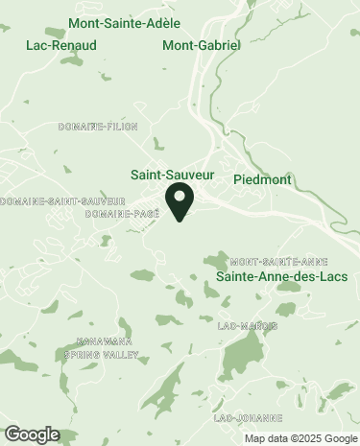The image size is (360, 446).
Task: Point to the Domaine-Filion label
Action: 98,126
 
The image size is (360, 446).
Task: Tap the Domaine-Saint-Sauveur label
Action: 64,200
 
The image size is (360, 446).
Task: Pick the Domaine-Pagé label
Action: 121,213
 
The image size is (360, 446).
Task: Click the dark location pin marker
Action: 180,203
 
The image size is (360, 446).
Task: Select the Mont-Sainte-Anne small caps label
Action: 278,261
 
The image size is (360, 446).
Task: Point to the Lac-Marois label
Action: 248,326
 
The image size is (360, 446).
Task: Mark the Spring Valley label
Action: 101,354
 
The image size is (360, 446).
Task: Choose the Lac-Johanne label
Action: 248,418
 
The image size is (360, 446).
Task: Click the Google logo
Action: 31,434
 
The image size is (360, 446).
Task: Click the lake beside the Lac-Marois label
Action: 285,310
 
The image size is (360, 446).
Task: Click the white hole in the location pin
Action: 180,198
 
